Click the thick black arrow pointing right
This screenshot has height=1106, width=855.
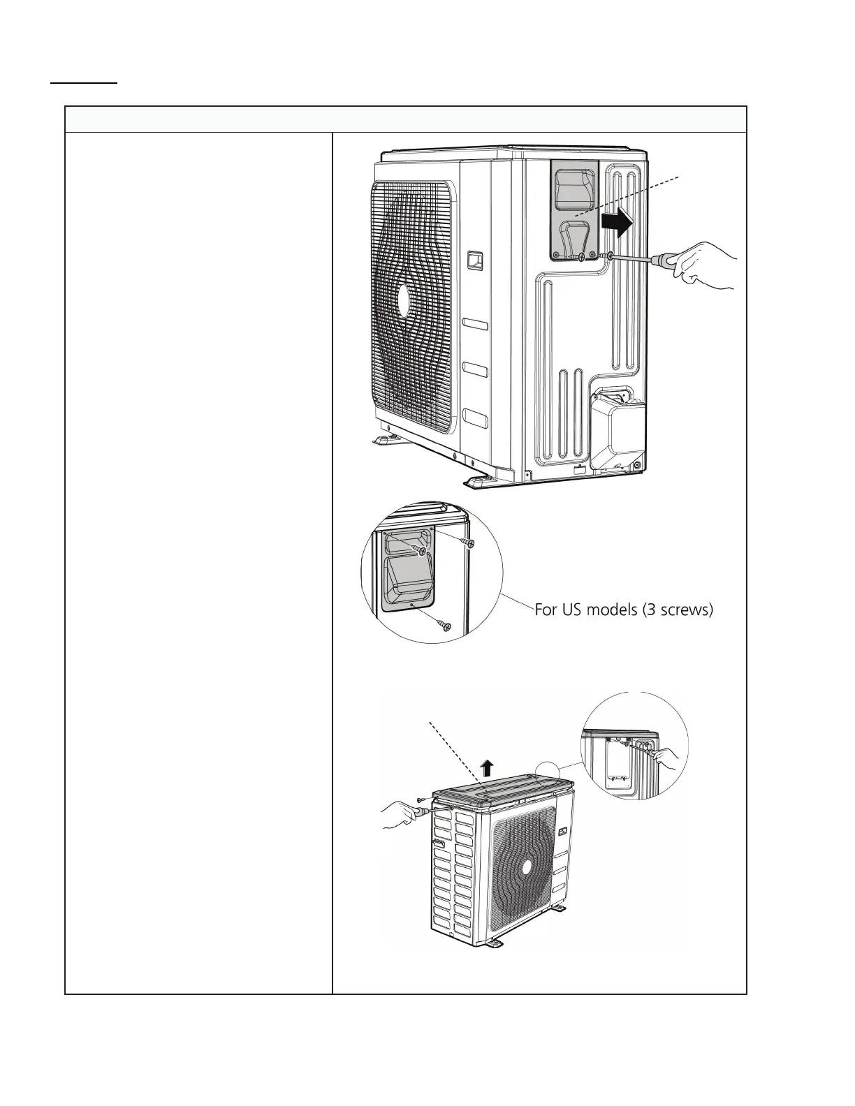pyautogui.click(x=617, y=223)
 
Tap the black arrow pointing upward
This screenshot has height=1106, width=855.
pyautogui.click(x=488, y=769)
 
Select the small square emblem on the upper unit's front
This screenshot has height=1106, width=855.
pyautogui.click(x=475, y=260)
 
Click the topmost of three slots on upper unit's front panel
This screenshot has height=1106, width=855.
pyautogui.click(x=475, y=325)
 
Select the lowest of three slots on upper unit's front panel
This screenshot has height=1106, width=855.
pyautogui.click(x=475, y=419)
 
